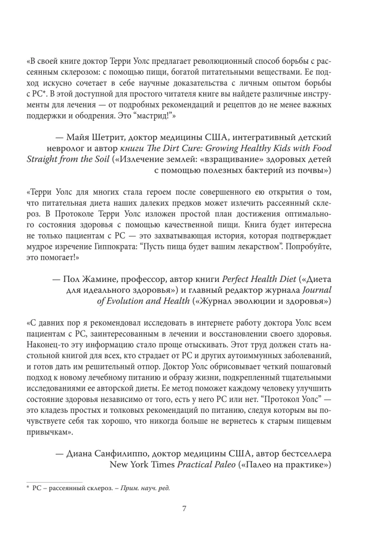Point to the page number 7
184,509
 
